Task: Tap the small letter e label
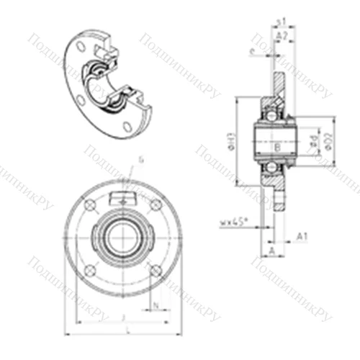click(x=251, y=51)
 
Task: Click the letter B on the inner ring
click(x=278, y=148)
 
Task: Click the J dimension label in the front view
click(x=124, y=316)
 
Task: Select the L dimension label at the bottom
click(x=127, y=330)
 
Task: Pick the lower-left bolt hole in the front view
click(x=90, y=271)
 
